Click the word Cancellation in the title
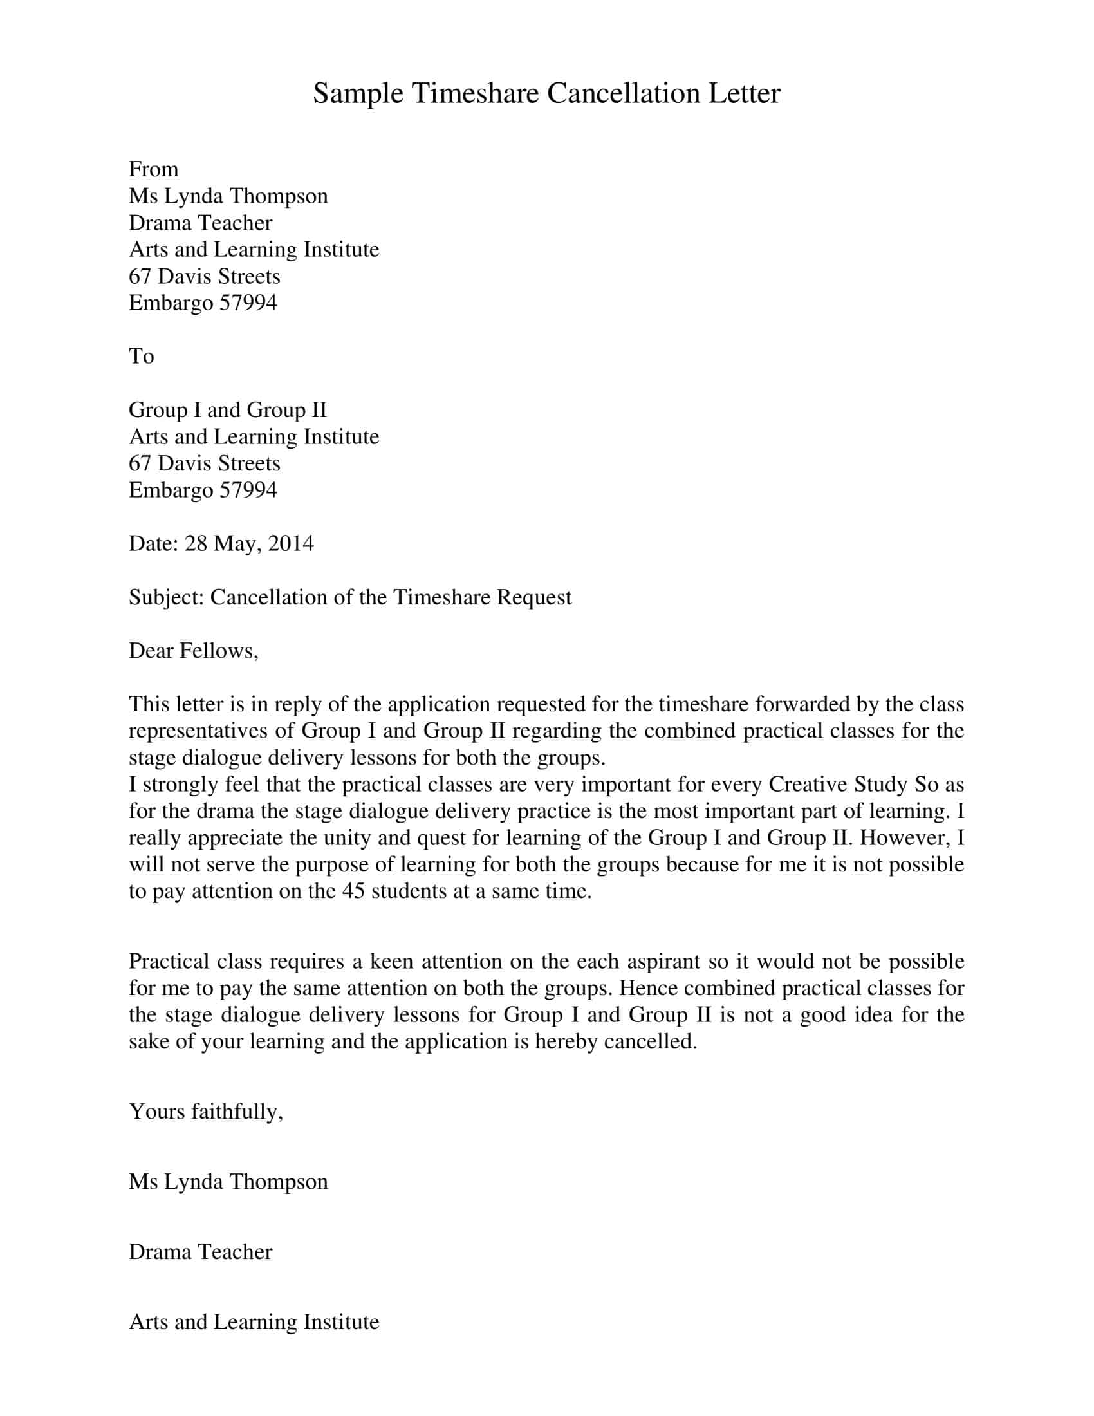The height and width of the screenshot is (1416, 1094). tap(623, 93)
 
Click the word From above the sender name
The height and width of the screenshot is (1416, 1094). tap(154, 169)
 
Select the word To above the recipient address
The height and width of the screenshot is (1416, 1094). tap(142, 356)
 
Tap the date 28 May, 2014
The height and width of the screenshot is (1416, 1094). tap(249, 543)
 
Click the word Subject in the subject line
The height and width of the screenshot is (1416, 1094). tap(166, 597)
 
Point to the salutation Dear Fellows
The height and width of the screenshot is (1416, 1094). tap(193, 650)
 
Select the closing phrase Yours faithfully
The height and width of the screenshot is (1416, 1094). tap(205, 1112)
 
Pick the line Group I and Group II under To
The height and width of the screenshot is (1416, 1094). tap(227, 410)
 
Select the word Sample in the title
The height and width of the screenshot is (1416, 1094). tap(358, 93)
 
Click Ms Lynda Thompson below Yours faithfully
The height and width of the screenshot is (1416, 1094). tap(228, 1181)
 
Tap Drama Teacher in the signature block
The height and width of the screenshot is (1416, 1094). tap(200, 1251)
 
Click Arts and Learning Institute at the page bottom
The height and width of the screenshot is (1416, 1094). tap(254, 1322)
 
